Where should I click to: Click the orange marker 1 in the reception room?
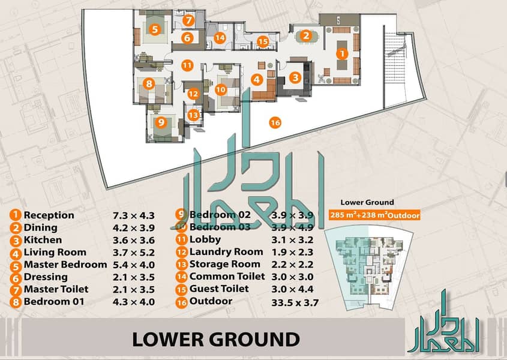coord(342,53)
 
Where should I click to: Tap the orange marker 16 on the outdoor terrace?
coord(275,122)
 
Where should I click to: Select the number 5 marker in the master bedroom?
coord(155,29)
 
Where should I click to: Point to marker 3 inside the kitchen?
coord(295,77)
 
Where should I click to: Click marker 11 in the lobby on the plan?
coord(187,65)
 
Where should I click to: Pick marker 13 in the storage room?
coord(193,115)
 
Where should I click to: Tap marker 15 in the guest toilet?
coord(263,41)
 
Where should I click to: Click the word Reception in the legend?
coord(49,215)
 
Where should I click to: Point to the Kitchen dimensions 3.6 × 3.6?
coord(134,241)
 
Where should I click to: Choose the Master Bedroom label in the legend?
coord(65,265)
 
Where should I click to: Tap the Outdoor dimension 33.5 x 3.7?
coord(295,302)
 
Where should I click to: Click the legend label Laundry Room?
coord(226,251)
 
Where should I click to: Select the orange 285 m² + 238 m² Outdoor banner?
coord(374,215)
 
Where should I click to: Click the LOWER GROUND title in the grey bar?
coord(216,339)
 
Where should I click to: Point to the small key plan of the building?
coord(369,268)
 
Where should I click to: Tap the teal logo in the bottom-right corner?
coord(443,321)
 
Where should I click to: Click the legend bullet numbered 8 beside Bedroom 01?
coord(15,302)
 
